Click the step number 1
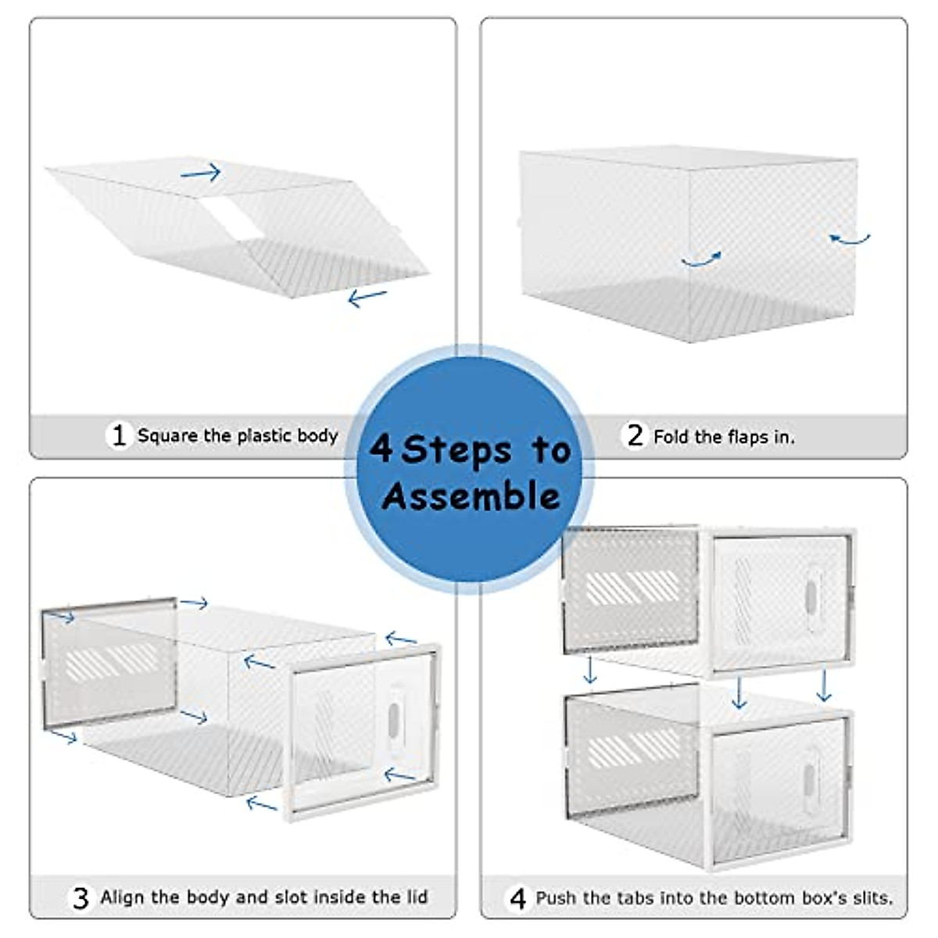tap(119, 435)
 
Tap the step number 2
tap(635, 435)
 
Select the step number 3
tap(81, 898)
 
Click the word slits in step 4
tap(871, 898)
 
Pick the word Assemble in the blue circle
tap(471, 496)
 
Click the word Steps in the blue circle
tap(456, 450)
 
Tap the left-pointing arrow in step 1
tap(367, 297)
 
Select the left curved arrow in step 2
tap(700, 259)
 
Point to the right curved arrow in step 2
tap(850, 238)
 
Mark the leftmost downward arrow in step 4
tap(590, 670)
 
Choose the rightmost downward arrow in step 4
tap(823, 685)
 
